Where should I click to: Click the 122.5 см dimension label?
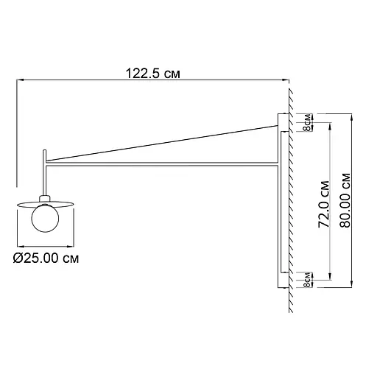click(x=153, y=74)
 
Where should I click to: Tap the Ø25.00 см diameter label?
click(x=46, y=258)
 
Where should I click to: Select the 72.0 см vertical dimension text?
click(x=324, y=205)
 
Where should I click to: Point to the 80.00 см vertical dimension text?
click(x=345, y=200)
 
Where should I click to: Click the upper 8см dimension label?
click(x=307, y=122)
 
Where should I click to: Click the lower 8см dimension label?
click(x=307, y=280)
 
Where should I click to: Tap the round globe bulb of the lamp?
click(x=45, y=218)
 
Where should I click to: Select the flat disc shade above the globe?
click(x=46, y=205)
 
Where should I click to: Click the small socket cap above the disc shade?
click(x=45, y=198)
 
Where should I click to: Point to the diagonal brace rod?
click(x=162, y=144)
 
